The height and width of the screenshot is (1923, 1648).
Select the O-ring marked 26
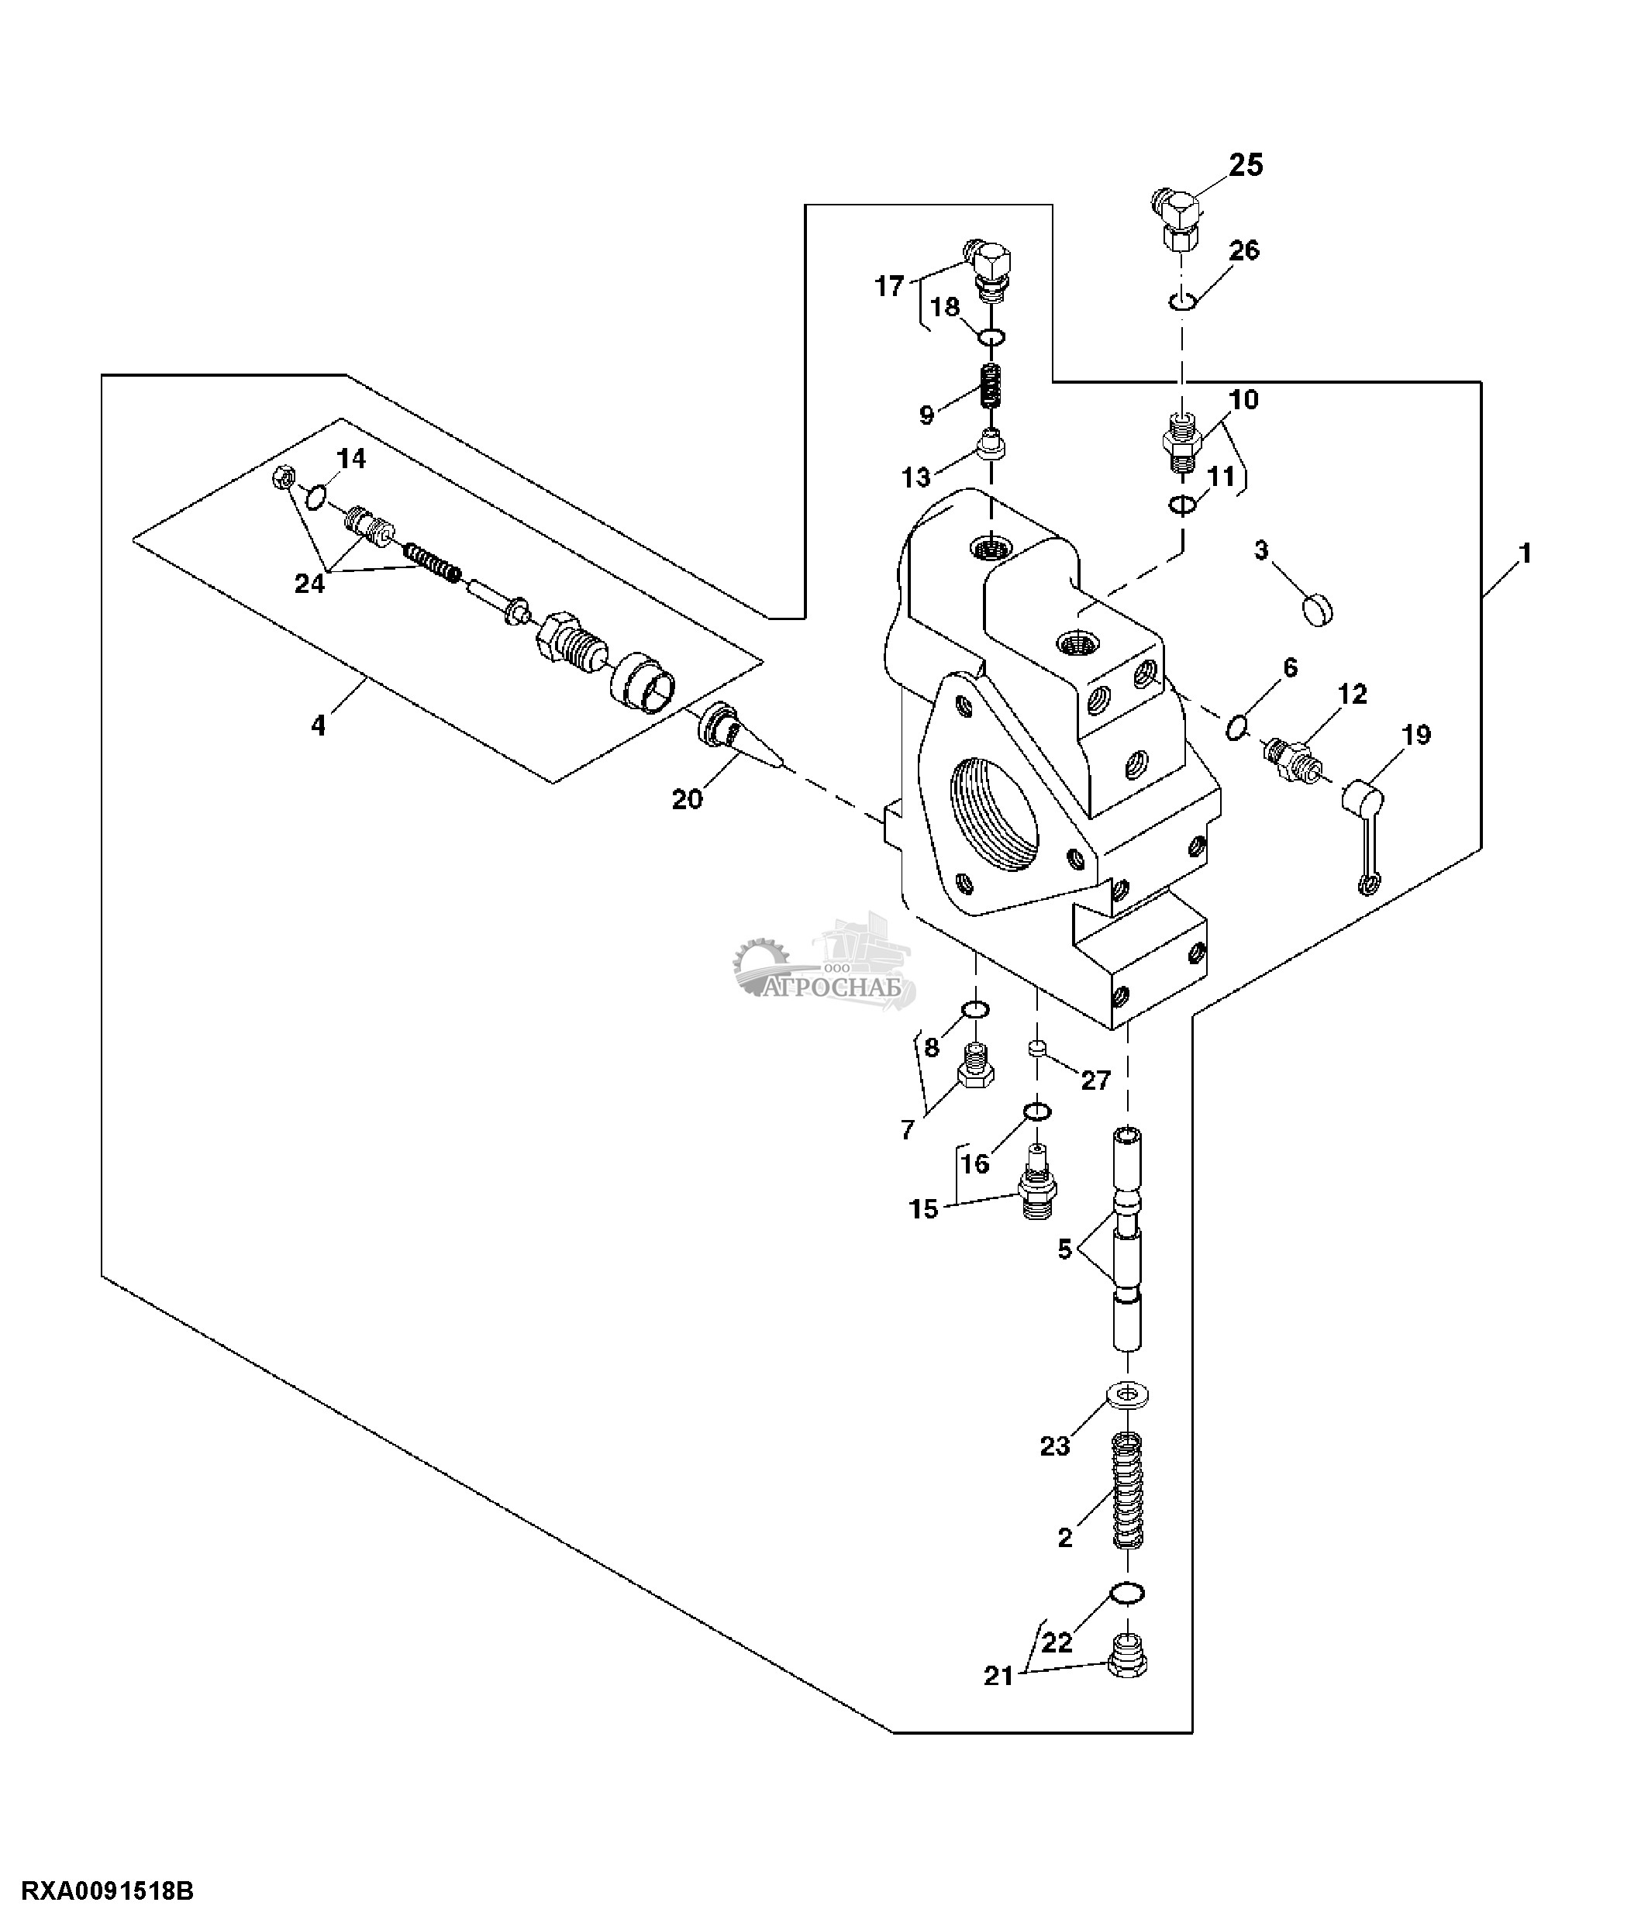1181,301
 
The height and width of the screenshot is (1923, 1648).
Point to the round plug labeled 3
1315,611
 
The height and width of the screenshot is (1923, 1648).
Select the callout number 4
319,725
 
